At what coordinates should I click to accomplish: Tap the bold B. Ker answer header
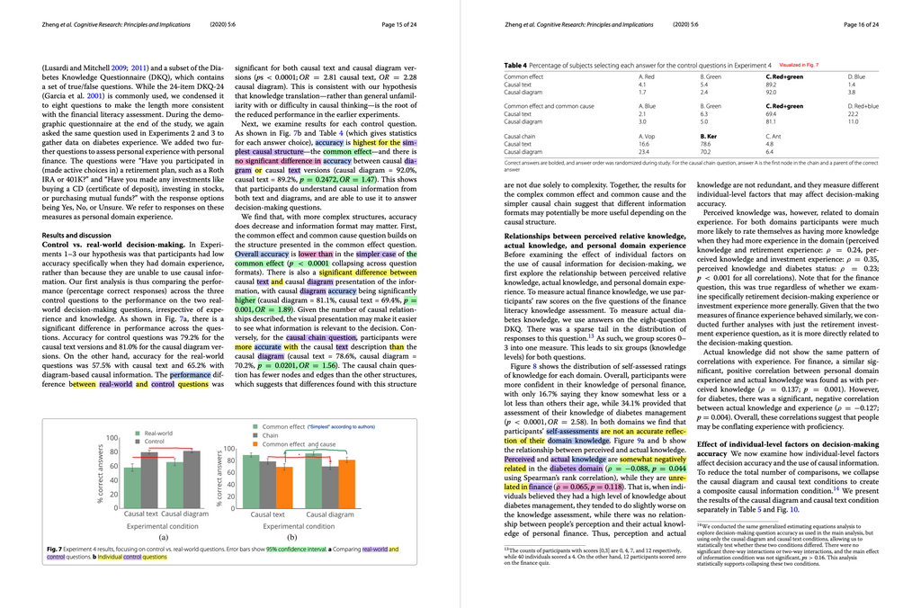click(709, 136)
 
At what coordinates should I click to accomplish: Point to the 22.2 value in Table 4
click(853, 114)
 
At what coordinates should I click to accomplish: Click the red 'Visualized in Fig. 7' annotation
click(799, 66)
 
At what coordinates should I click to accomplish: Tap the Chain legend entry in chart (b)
click(270, 435)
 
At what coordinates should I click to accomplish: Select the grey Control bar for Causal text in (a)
click(149, 481)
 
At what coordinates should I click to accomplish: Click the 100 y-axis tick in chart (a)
click(114, 438)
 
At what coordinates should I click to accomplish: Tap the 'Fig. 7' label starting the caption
click(52, 549)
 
